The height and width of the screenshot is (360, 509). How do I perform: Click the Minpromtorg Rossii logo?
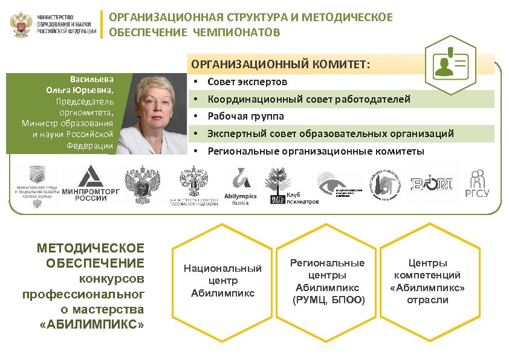point(91,185)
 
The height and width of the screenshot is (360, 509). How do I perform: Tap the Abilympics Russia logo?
point(240,185)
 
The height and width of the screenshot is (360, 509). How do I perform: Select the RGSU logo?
point(477,184)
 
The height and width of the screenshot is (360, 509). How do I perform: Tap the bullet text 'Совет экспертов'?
point(247,82)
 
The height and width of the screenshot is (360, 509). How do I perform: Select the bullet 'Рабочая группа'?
point(245,115)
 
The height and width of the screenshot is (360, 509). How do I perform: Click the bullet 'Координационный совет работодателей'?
point(308,98)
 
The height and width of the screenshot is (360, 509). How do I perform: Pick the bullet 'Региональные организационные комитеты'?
point(316,150)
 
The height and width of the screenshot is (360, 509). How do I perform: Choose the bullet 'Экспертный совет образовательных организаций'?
point(330,133)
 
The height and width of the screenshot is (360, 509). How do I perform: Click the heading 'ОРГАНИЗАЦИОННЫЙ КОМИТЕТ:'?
point(281,64)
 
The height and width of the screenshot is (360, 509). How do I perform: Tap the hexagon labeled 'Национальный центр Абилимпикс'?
point(222,281)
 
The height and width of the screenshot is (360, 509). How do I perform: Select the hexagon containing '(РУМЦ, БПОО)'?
point(327,281)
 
